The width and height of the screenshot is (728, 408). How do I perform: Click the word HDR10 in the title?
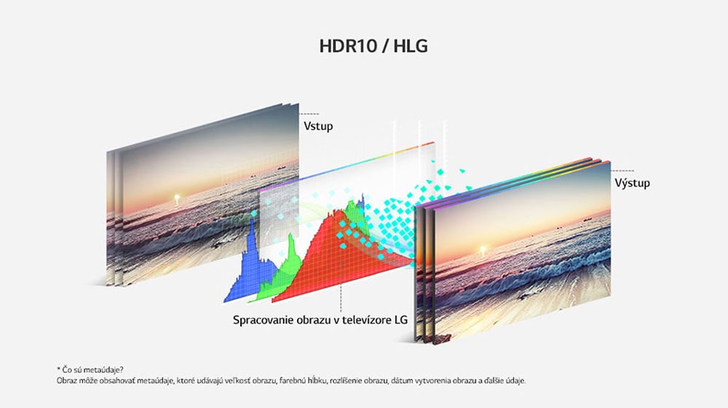[x=348, y=46]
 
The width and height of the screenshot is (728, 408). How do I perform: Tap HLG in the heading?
[x=411, y=46]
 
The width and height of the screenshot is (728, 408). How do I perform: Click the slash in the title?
[x=385, y=46]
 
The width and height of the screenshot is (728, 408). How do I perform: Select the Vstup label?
[x=318, y=126]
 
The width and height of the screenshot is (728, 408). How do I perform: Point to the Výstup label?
[x=633, y=183]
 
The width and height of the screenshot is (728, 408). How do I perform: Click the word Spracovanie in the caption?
[x=262, y=320]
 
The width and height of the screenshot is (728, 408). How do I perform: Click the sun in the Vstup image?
[x=176, y=199]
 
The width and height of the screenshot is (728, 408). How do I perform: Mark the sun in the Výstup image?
[x=483, y=251]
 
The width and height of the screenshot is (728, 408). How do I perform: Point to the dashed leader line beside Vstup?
[x=309, y=114]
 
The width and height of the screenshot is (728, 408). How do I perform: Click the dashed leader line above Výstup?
[x=622, y=170]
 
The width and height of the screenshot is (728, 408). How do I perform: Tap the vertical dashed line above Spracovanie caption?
[x=341, y=283]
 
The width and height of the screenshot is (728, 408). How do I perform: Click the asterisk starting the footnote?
[x=58, y=369]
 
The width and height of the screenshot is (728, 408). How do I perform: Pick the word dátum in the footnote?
[x=401, y=380]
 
